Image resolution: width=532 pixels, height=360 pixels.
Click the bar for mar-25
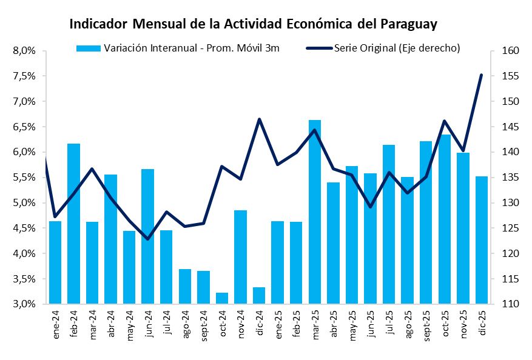tap(315, 212)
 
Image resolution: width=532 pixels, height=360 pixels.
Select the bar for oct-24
tap(222, 298)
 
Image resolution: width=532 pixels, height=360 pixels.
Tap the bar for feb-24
tap(73, 224)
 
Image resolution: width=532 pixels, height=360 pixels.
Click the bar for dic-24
tap(259, 295)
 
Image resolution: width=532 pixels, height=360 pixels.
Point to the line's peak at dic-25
tap(481, 75)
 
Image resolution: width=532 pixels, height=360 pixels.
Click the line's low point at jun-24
tap(147, 239)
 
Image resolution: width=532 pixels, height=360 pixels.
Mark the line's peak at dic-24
tap(259, 119)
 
